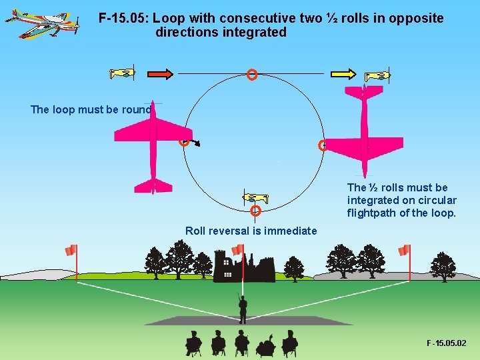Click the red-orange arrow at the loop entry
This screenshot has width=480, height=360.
pyautogui.click(x=160, y=73)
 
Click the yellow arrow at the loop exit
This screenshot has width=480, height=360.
pyautogui.click(x=343, y=73)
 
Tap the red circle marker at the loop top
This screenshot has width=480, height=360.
pyautogui.click(x=252, y=75)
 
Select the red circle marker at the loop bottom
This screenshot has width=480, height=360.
pyautogui.click(x=255, y=211)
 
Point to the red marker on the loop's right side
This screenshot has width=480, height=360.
pyautogui.click(x=323, y=145)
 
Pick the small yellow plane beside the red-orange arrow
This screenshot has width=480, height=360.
pyautogui.click(x=123, y=73)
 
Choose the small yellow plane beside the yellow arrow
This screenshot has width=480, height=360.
pyautogui.click(x=377, y=75)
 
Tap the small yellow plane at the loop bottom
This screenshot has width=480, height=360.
pyautogui.click(x=255, y=197)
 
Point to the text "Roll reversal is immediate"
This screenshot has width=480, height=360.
pyautogui.click(x=251, y=231)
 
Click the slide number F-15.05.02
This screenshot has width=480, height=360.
pyautogui.click(x=447, y=343)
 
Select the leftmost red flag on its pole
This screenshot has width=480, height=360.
pyautogui.click(x=71, y=251)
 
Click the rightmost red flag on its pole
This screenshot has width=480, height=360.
pyautogui.click(x=404, y=251)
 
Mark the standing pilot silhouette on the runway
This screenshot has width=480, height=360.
pyautogui.click(x=243, y=309)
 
